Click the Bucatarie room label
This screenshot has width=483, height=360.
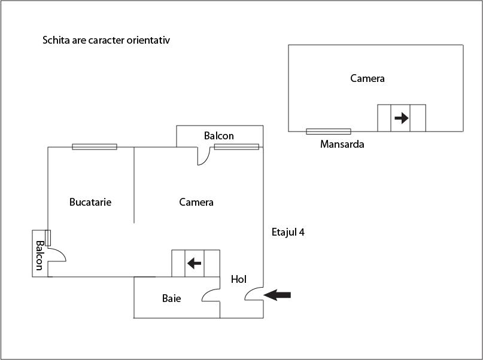(90, 202)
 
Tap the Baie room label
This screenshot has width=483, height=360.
(171, 298)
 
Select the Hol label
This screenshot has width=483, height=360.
(238, 279)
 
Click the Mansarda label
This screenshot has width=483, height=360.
(342, 144)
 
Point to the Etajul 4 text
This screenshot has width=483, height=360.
(288, 232)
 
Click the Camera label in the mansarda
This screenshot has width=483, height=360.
(367, 78)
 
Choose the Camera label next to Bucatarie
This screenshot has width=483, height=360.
(196, 202)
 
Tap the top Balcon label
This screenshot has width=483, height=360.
(218, 136)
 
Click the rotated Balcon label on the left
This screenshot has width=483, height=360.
(40, 255)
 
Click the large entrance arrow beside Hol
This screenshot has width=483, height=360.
(278, 294)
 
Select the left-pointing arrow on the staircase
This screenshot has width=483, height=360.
(193, 263)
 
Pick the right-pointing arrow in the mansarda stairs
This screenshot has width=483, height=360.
(402, 118)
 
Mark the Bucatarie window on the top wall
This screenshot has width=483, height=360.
(95, 147)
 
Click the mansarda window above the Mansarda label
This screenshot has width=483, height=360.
(328, 132)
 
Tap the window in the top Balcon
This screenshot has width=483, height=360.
(236, 147)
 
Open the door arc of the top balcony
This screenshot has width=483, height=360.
(204, 157)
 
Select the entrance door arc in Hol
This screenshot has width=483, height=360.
(254, 292)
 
